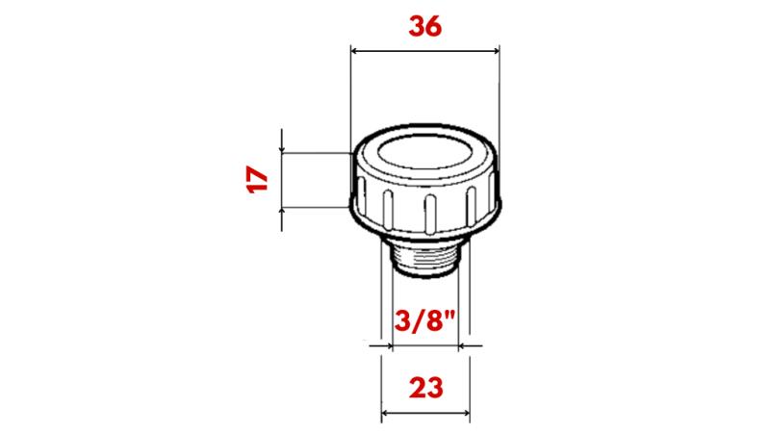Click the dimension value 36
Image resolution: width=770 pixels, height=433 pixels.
(424, 27)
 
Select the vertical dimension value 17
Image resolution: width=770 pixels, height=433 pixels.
(256, 180)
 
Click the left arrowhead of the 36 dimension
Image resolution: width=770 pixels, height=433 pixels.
(354, 51)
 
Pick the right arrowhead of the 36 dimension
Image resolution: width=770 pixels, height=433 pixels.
(495, 51)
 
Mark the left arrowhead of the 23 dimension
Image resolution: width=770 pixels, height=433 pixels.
(387, 415)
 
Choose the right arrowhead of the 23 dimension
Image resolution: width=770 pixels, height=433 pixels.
(464, 415)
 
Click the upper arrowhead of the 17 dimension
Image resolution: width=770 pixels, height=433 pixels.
(281, 147)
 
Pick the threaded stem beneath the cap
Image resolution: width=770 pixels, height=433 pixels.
(424, 259)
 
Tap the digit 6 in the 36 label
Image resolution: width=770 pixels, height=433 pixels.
(435, 27)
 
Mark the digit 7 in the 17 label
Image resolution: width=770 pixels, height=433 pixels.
(256, 172)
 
